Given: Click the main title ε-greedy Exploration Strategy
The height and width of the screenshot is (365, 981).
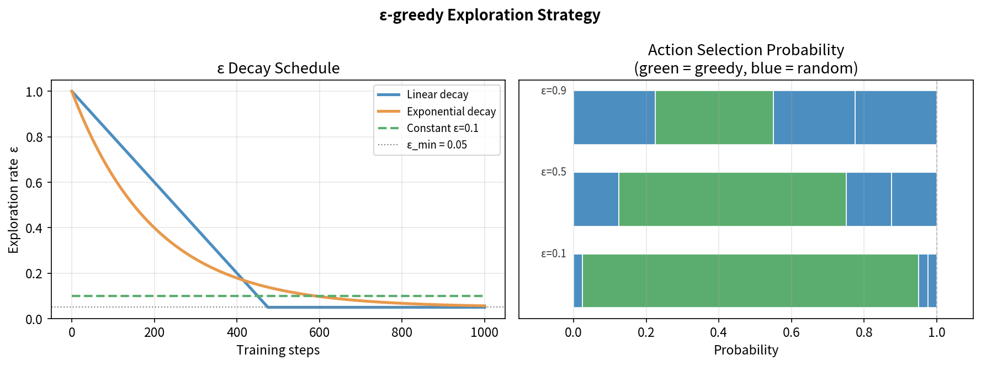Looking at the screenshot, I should pyautogui.click(x=490, y=15).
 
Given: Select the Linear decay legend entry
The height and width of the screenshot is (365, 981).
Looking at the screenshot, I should pyautogui.click(x=437, y=94).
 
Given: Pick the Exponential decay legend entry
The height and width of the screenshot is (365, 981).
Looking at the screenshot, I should pyautogui.click(x=450, y=112).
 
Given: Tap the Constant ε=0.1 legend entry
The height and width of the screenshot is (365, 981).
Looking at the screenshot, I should pyautogui.click(x=442, y=128).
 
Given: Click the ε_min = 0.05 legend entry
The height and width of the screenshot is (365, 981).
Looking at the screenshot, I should pyautogui.click(x=436, y=145).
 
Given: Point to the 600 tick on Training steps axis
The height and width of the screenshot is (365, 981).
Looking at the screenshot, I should pyautogui.click(x=319, y=332).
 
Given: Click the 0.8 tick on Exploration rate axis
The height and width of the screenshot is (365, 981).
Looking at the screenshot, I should pyautogui.click(x=34, y=137).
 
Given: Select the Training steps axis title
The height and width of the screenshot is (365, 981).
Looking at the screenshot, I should pyautogui.click(x=278, y=350).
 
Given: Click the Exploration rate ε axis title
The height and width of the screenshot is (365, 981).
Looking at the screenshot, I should pyautogui.click(x=13, y=200).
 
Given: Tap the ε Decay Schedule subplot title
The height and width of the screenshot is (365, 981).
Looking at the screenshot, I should pyautogui.click(x=278, y=68).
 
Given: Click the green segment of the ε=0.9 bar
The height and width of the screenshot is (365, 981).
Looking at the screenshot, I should pyautogui.click(x=714, y=118).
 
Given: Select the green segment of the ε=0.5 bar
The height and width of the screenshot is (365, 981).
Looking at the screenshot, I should pyautogui.click(x=732, y=199).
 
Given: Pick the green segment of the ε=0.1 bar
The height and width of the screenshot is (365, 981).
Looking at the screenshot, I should pyautogui.click(x=750, y=281).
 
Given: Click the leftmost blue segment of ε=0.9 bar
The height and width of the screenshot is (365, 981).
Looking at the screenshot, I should pyautogui.click(x=614, y=118).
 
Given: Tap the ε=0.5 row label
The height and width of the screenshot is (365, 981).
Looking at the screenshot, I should pyautogui.click(x=553, y=172).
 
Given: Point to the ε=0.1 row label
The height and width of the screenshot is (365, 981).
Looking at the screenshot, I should pyautogui.click(x=553, y=253).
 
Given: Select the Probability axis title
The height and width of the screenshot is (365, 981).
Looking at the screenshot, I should pyautogui.click(x=746, y=350).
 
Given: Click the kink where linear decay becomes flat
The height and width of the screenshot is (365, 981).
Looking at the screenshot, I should pyautogui.click(x=268, y=307).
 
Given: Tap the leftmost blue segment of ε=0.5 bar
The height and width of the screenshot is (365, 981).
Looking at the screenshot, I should pyautogui.click(x=596, y=199).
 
